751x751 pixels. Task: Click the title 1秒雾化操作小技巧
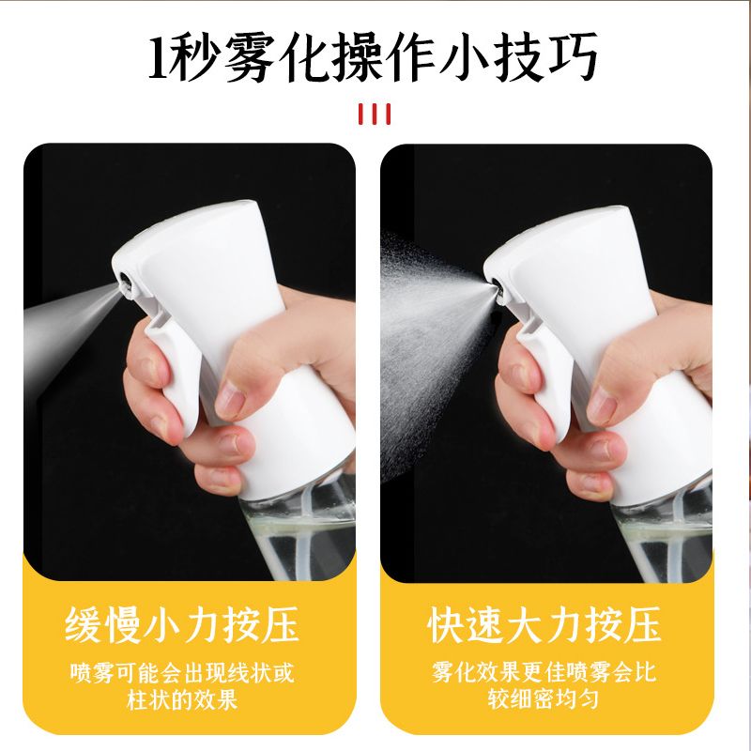[373, 57]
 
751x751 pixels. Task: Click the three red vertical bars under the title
[375, 114]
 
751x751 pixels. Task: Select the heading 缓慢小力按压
[181, 624]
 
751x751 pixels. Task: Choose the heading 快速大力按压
[544, 624]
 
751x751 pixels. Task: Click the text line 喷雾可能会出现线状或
[182, 672]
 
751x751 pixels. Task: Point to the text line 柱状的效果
[182, 699]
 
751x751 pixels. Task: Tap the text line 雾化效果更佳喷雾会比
[544, 671]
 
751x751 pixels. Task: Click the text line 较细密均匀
[544, 698]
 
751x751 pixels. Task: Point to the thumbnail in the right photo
[601, 403]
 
